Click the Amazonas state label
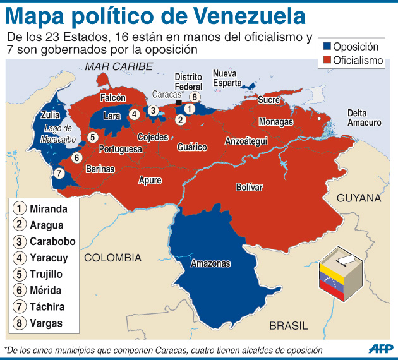[x=210, y=263]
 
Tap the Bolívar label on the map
[x=248, y=187]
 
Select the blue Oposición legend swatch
[x=327, y=47]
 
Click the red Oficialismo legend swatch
[x=327, y=61]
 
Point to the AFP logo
[x=380, y=349]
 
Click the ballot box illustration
[x=341, y=277]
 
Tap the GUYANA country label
[x=359, y=198]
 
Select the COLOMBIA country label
[x=113, y=257]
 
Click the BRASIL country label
[x=288, y=326]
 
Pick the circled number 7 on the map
[x=58, y=173]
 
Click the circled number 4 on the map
[x=134, y=114]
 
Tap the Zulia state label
[x=50, y=115]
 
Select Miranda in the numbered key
[x=50, y=208]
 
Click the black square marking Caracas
[x=179, y=102]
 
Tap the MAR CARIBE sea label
[x=119, y=66]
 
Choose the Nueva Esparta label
[x=227, y=78]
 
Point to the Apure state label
[x=150, y=180]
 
